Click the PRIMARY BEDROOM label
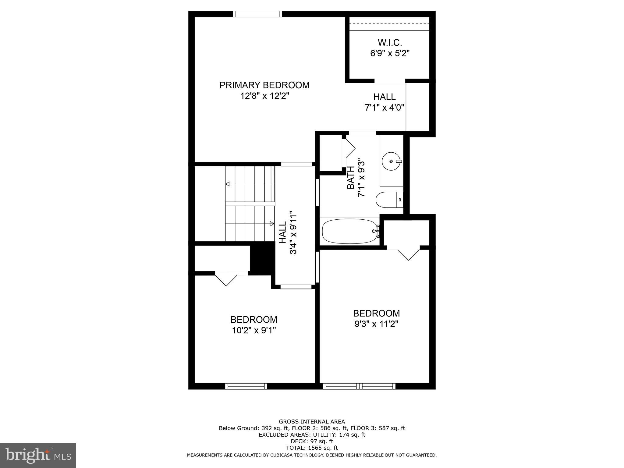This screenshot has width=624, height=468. (x=264, y=85)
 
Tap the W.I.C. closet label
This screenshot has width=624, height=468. (x=389, y=42)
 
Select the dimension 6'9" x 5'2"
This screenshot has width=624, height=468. (x=389, y=53)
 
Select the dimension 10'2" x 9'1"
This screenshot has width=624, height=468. (x=254, y=330)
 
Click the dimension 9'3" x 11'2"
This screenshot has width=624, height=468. (x=376, y=324)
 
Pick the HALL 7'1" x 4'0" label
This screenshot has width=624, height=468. (x=385, y=102)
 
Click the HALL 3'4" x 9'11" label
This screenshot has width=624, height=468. (x=288, y=232)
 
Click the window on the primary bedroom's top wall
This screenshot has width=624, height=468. (x=257, y=14)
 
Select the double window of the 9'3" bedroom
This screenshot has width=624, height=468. (x=359, y=386)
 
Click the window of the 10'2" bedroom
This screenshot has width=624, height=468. (x=246, y=386)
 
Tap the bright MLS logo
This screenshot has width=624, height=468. (x=38, y=455)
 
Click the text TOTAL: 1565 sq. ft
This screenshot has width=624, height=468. (x=312, y=448)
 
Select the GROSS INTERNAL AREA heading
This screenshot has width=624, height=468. (x=312, y=422)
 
